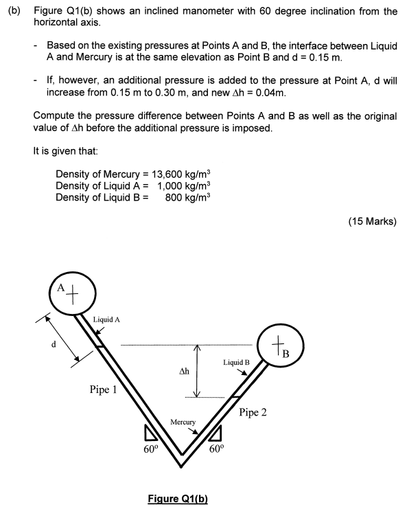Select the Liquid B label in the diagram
pos(236,361)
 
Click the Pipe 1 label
pos(103,389)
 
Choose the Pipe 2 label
pos(253,413)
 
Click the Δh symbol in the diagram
pos(183,372)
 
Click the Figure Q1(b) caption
pos(178,498)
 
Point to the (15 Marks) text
pos(372,221)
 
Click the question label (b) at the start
pos(14,12)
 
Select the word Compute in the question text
pos(54,115)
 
